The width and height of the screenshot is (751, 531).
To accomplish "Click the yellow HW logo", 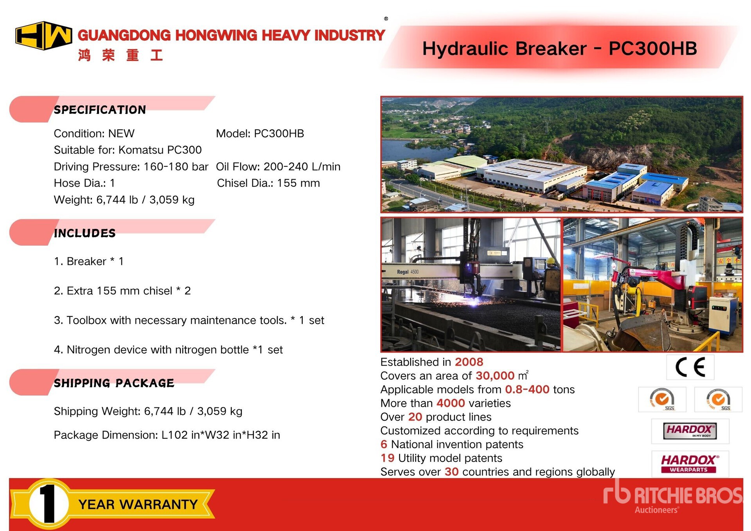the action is [43, 36].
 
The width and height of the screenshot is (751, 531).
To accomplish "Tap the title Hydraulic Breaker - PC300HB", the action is [560, 49].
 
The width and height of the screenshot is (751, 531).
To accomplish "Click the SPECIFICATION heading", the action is [100, 110].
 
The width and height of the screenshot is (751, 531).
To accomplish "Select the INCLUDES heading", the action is [84, 233].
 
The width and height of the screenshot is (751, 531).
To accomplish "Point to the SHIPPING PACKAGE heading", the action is [114, 383].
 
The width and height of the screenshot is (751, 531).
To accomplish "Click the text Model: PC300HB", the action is [260, 133].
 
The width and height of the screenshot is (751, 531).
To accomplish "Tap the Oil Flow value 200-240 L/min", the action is [302, 167].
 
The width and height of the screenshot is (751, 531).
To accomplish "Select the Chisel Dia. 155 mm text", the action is [268, 183].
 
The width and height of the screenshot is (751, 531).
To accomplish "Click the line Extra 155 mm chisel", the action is [122, 291].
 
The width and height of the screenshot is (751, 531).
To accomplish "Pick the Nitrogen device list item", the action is [168, 349].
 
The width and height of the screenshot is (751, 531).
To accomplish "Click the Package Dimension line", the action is [167, 435].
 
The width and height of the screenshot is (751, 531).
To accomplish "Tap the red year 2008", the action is [469, 362].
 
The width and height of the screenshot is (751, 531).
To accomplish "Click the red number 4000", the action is [451, 403].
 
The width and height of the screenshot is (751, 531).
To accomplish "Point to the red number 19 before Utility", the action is [387, 458].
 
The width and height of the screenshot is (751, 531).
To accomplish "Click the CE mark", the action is [690, 367].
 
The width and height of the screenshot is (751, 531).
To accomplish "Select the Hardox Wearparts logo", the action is [690, 464].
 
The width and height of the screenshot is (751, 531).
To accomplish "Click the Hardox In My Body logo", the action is [690, 431].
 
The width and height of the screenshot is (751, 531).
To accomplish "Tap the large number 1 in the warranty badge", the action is [49, 504].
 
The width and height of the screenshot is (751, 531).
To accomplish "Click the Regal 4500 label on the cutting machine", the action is [408, 272].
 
